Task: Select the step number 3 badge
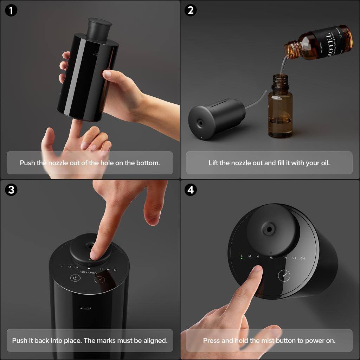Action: (11, 190)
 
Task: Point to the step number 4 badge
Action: (191, 190)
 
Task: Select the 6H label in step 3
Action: (115, 270)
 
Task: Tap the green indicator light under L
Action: (242, 258)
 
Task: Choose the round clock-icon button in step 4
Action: (284, 275)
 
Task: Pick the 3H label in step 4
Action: (294, 258)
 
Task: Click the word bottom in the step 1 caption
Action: (150, 163)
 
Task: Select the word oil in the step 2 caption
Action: (325, 163)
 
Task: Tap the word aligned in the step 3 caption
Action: (154, 340)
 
